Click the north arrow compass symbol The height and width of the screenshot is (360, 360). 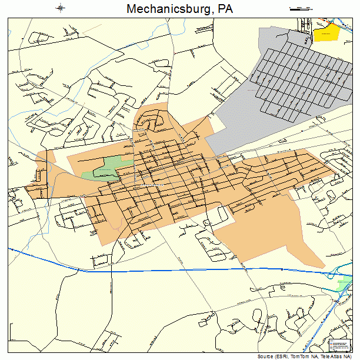pyautogui.click(x=61, y=8)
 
